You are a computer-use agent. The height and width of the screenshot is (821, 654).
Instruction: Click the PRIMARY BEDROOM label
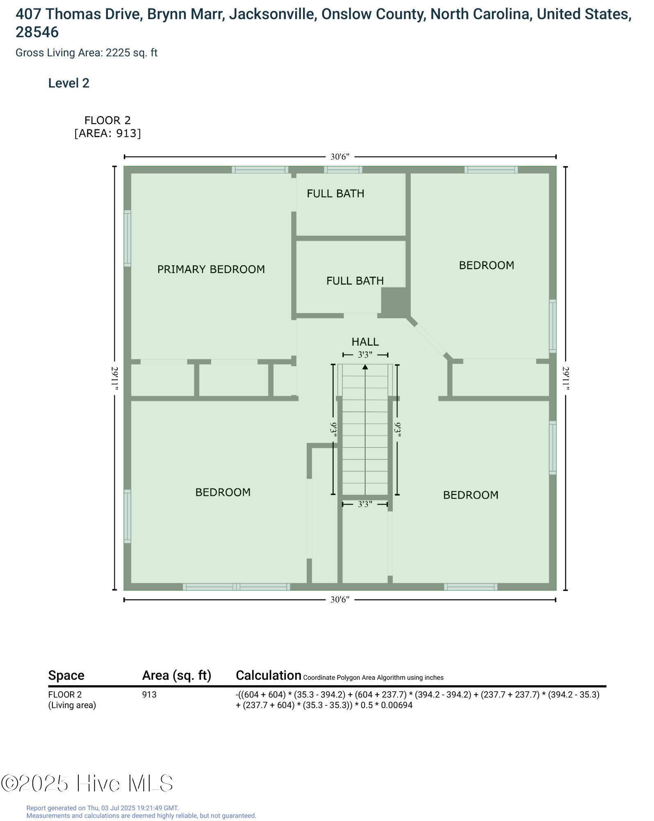[211, 269]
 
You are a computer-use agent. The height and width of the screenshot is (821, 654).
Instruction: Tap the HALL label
[365, 342]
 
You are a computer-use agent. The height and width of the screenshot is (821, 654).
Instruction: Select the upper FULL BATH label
[335, 193]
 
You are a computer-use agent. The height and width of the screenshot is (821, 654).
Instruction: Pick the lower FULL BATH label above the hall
[355, 281]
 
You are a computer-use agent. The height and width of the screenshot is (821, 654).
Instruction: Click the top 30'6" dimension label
[340, 157]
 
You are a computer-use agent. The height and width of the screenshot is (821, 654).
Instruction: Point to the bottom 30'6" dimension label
[340, 600]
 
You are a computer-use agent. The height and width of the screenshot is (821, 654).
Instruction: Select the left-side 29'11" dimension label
[114, 378]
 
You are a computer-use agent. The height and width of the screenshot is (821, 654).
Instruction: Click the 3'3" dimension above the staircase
[365, 355]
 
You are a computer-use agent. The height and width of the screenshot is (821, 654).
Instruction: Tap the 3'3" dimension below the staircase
[365, 504]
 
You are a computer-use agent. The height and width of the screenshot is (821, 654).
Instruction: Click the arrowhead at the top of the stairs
[365, 367]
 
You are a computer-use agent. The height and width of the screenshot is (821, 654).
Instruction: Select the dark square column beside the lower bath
[393, 301]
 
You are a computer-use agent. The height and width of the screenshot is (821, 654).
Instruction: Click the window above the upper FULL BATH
[343, 170]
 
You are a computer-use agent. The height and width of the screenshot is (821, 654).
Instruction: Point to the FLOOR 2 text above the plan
[107, 120]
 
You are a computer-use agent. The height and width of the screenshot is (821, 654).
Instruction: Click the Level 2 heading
[68, 83]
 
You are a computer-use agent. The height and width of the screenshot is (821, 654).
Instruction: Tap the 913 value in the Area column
[149, 695]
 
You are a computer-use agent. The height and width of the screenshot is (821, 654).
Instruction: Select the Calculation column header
[268, 675]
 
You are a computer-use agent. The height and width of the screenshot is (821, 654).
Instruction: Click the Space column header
[66, 675]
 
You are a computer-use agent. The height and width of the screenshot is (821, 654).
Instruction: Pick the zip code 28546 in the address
[37, 32]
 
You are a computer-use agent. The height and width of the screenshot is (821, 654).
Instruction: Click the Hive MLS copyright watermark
[87, 784]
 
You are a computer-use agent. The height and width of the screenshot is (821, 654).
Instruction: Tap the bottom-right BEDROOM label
[470, 495]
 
